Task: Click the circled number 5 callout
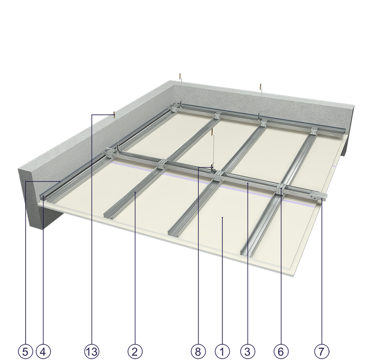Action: tap(26, 352)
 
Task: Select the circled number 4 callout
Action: tap(43, 352)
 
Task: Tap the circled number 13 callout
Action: tap(92, 352)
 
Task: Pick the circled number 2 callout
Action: tap(135, 352)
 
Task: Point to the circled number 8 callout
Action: tap(198, 352)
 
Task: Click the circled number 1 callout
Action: tap(222, 352)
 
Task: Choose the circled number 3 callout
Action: tap(248, 352)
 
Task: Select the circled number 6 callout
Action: tap(280, 352)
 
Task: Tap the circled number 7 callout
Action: tap(321, 352)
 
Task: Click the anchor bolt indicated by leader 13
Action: tap(114, 114)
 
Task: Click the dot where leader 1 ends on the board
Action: tap(222, 217)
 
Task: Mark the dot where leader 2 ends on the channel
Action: tap(135, 193)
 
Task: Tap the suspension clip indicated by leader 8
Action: tap(212, 167)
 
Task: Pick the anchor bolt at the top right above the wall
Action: tap(261, 87)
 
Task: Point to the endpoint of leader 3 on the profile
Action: tap(248, 183)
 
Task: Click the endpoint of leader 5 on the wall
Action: tap(60, 181)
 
